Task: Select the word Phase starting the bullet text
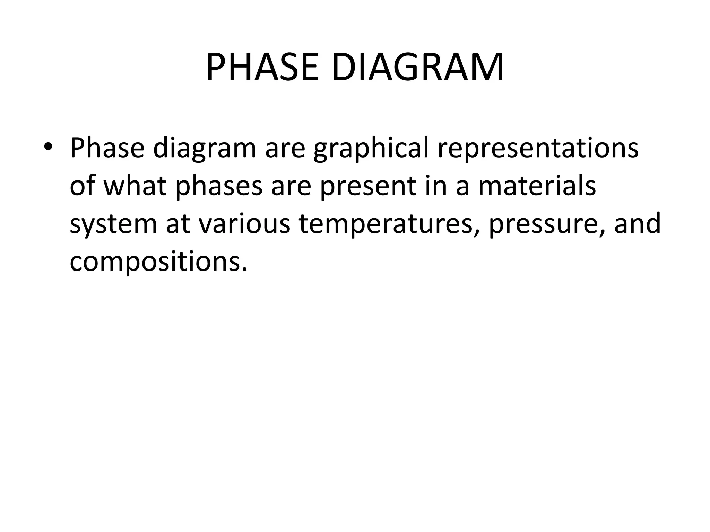point(107,148)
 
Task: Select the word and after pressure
point(637,223)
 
